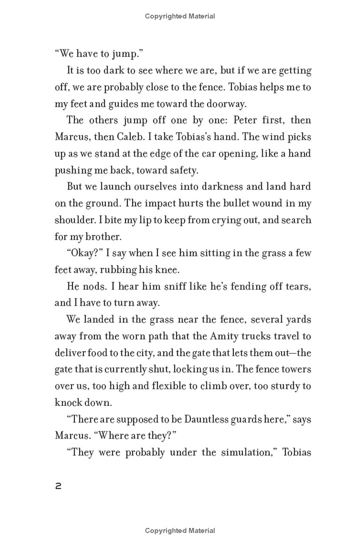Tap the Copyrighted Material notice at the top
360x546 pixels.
[180, 16]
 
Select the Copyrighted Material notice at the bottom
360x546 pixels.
[180, 530]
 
